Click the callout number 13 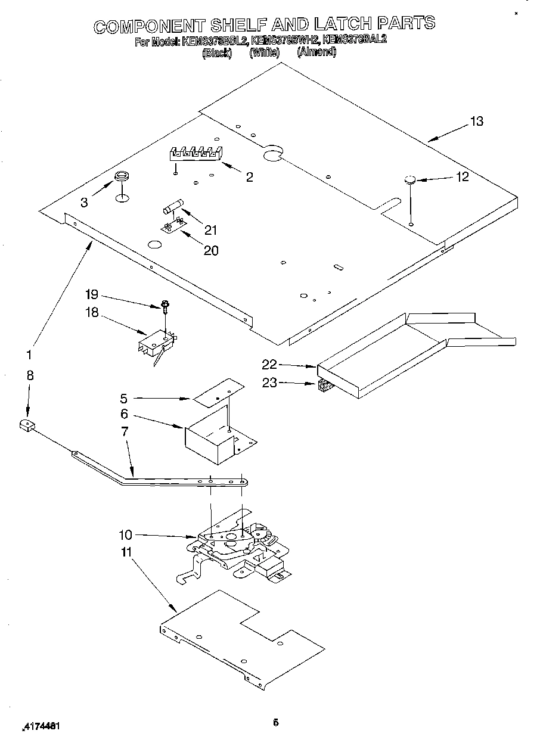pos(476,121)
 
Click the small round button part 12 pos(409,180)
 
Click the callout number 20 pos(211,250)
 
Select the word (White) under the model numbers pos(265,52)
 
